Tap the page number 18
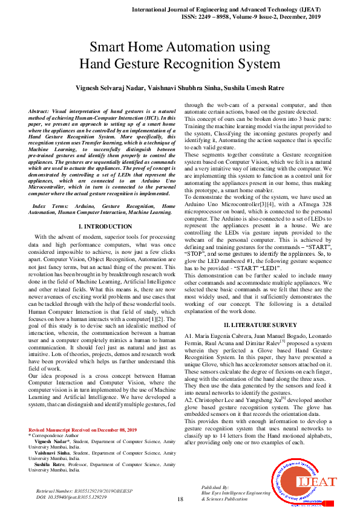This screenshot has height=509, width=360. pos(180,499)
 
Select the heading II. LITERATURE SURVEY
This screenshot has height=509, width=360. pos(258,325)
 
